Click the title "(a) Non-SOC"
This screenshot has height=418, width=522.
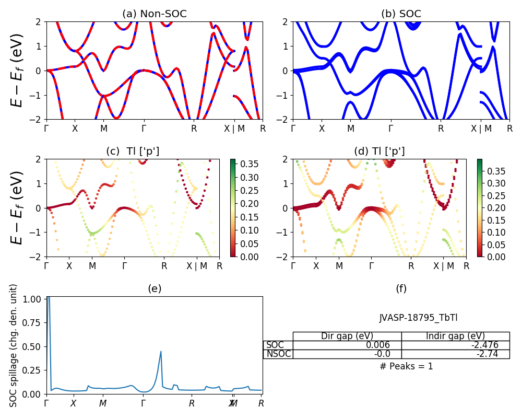click(155, 14)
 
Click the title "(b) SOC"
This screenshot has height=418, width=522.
click(401, 14)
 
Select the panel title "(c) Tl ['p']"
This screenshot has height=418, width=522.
click(133, 152)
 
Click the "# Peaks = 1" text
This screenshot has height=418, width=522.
click(406, 366)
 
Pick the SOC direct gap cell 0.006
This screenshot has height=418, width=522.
click(385, 345)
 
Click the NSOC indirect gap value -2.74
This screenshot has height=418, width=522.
click(487, 354)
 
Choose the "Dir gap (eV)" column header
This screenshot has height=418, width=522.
click(347, 336)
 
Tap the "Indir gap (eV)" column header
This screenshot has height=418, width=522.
click(455, 336)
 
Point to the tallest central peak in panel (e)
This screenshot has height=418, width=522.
click(161, 352)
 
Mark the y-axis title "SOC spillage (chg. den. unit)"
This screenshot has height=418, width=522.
click(14, 345)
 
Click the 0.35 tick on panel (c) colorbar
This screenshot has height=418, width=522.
click(245, 164)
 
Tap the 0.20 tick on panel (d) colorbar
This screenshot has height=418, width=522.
click(491, 207)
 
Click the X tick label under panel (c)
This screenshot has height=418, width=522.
click(69, 265)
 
